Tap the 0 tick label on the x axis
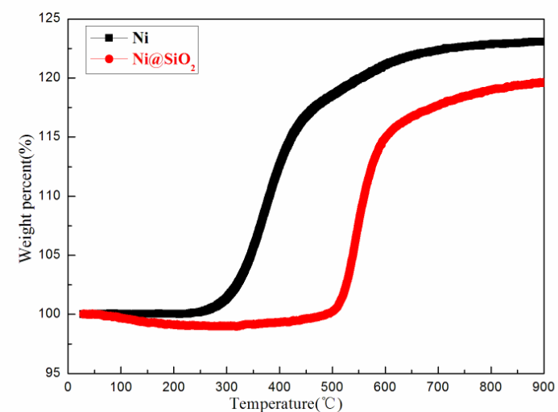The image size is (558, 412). pyautogui.click(x=68, y=387)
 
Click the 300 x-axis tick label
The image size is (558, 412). pyautogui.click(x=226, y=387)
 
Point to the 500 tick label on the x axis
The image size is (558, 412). pyautogui.click(x=332, y=387)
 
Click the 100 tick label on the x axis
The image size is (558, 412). pyautogui.click(x=121, y=387)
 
